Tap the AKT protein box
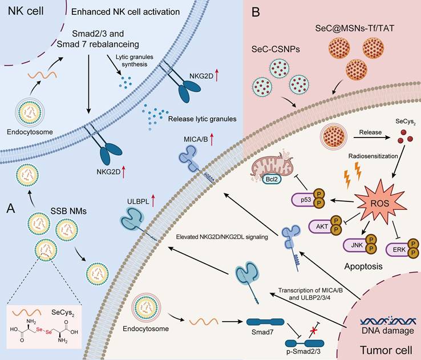321,226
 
